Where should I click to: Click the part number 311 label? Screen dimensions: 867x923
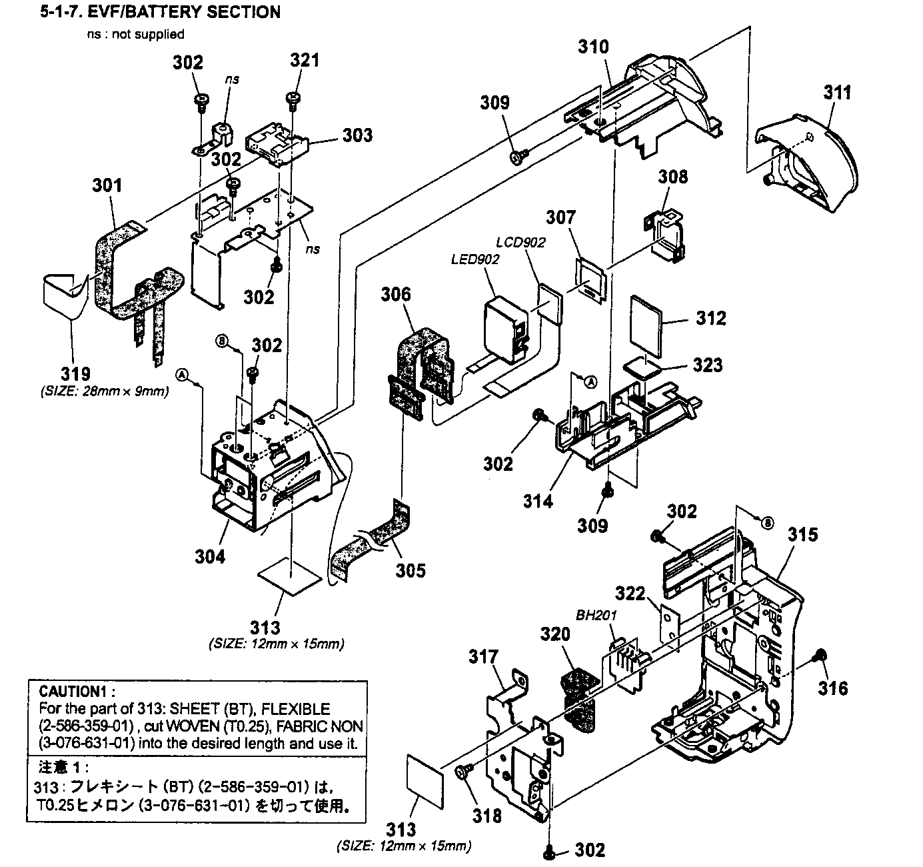tap(837, 93)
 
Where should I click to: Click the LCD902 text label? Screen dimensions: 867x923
tap(520, 242)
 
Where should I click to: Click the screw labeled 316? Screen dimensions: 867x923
tap(820, 656)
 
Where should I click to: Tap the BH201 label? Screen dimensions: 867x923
tap(595, 615)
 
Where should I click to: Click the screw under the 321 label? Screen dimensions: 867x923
tap(291, 99)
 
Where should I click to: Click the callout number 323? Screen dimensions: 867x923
tap(707, 365)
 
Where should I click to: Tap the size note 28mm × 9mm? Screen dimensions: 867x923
tap(105, 391)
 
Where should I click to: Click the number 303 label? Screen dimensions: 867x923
tap(358, 135)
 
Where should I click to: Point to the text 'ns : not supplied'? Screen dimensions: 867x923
tap(135, 34)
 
